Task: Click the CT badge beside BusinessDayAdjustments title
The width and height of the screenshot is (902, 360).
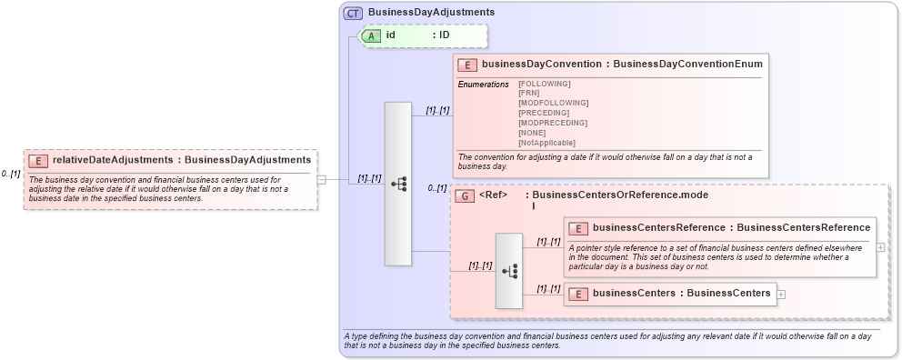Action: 353,13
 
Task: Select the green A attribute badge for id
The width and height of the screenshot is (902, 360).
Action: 372,35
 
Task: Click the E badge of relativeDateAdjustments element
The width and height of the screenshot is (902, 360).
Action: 38,161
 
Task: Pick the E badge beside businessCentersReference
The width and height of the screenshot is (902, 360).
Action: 578,228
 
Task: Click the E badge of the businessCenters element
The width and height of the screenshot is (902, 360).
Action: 578,294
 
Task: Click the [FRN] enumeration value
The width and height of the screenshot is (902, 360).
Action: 528,93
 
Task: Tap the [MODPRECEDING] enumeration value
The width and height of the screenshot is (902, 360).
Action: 552,123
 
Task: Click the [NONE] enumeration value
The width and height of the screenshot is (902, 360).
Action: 532,133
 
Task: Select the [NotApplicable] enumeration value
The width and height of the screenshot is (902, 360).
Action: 546,143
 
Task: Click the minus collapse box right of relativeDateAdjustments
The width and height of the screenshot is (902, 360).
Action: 321,180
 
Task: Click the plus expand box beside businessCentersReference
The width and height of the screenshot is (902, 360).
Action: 880,246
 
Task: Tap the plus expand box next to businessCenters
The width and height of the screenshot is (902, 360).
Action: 781,294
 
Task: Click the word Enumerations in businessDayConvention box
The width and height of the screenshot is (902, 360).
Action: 484,85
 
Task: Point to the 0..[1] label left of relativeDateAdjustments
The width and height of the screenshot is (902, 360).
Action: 11,174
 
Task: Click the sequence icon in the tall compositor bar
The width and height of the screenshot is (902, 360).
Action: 398,184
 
